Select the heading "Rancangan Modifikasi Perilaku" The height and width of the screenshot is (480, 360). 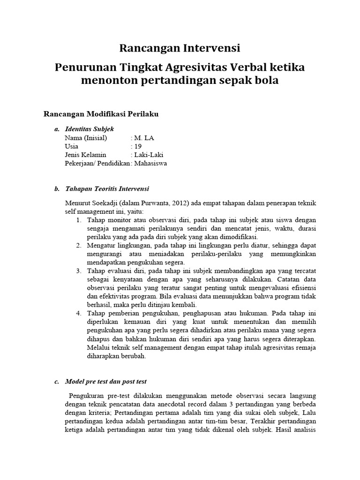[x=101, y=114]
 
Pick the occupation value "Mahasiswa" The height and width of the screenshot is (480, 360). [x=150, y=164]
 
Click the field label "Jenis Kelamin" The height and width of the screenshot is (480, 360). [x=85, y=155]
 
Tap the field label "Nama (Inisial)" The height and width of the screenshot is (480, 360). [x=86, y=138]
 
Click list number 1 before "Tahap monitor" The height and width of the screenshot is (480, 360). [x=78, y=220]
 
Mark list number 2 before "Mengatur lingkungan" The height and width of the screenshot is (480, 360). [x=78, y=245]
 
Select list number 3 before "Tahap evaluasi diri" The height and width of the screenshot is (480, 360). [x=78, y=271]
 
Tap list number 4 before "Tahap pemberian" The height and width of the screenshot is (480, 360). [x=78, y=313]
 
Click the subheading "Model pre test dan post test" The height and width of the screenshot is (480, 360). [x=106, y=382]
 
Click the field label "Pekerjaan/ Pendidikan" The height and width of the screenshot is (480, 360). [x=97, y=164]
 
